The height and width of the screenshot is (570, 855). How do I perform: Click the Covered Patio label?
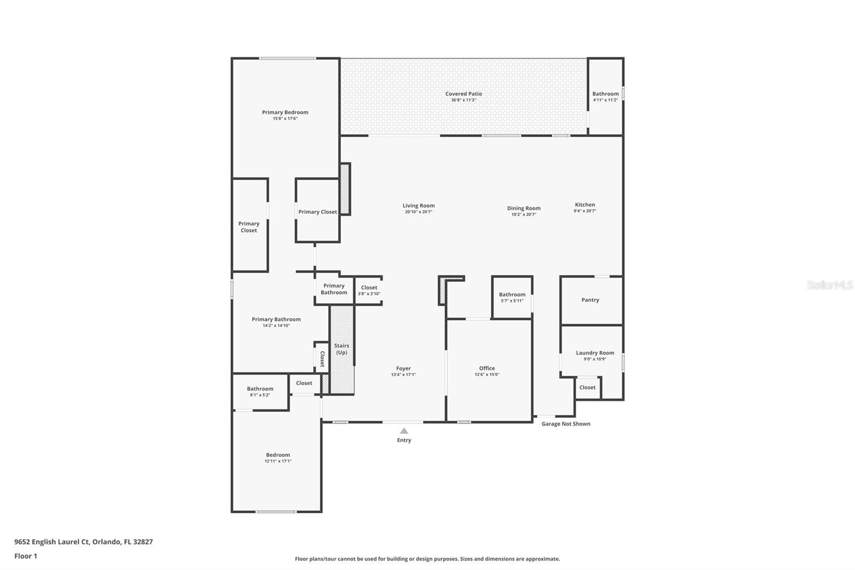pos(463,94)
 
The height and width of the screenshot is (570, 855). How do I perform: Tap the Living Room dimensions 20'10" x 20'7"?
pos(418,212)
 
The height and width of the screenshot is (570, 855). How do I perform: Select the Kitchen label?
pos(585,204)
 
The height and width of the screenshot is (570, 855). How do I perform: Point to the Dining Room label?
pos(524,208)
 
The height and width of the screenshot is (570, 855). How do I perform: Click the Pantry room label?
pos(590,300)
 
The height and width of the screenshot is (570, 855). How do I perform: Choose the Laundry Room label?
pos(595,353)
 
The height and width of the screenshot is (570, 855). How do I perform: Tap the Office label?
pos(487,368)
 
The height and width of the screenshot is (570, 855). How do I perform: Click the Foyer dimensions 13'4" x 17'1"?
pos(403,375)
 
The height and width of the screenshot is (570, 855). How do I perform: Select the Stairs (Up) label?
pos(341,349)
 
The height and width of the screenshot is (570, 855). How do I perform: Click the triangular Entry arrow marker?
pos(404,431)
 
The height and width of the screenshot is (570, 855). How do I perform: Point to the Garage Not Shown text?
pos(566,423)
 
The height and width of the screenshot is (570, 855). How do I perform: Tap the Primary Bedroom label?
pos(285,112)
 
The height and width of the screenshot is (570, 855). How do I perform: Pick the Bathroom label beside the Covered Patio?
pos(605,94)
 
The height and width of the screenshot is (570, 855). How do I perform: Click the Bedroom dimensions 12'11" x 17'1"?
pos(278,461)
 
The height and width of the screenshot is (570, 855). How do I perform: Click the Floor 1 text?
pos(26,556)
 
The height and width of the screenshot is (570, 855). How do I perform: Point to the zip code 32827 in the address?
pos(143,542)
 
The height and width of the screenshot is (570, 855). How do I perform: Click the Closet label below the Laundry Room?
pos(587,387)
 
